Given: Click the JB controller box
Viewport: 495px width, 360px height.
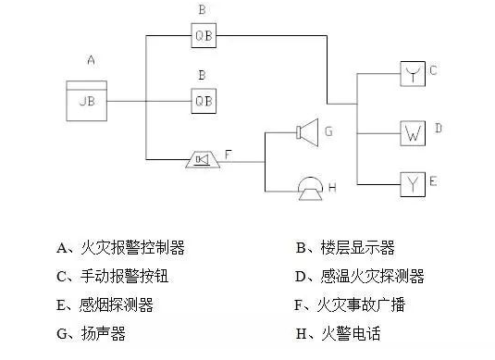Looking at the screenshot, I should point(86,100).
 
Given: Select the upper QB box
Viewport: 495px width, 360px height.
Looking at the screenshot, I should point(204,37).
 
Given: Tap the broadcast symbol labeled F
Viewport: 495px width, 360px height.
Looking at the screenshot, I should point(203,161).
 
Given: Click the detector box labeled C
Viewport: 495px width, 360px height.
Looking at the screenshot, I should point(413,73).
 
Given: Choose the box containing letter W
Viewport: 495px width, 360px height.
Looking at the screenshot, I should point(413,131).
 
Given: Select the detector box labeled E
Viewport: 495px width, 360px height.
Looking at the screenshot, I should point(413,182).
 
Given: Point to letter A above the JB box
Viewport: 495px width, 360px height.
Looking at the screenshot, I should point(91,60).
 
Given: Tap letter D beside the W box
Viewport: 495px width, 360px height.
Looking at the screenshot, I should point(439,127).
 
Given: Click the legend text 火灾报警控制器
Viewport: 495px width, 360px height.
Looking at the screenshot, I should point(134,247).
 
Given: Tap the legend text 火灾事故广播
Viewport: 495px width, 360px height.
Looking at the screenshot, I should point(364,304).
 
